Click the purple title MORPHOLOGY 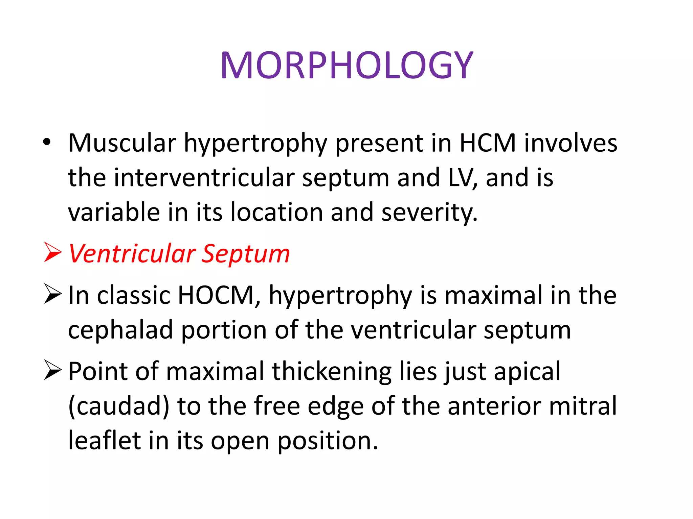click(x=346, y=66)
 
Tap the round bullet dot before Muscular click(x=47, y=142)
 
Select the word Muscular click(x=122, y=143)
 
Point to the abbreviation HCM click(x=488, y=143)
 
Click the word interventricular click(x=204, y=178)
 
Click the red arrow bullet click(x=52, y=252)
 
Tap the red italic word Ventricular click(x=132, y=254)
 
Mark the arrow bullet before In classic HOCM click(x=52, y=294)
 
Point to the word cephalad click(x=120, y=330)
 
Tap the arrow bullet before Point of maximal click(x=52, y=370)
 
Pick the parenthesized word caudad click(x=118, y=406)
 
